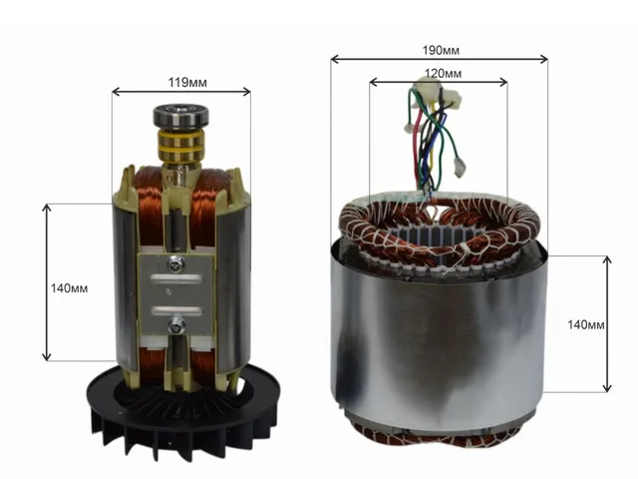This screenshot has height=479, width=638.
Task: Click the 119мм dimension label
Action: click(x=187, y=83)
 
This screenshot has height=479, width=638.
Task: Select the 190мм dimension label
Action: click(x=441, y=51)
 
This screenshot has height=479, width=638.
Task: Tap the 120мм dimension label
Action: click(x=443, y=73)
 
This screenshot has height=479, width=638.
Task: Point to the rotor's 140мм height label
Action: click(x=69, y=288)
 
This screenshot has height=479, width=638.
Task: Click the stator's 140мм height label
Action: click(x=586, y=324)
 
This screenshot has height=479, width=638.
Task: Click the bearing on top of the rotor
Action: click(x=180, y=116)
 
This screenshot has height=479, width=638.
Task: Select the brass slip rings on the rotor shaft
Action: click(x=179, y=146)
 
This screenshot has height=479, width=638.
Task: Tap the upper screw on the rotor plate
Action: click(x=176, y=265)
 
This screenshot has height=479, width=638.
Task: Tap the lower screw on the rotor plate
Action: click(x=177, y=325)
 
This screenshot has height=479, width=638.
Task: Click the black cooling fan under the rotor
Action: click(x=181, y=411)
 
